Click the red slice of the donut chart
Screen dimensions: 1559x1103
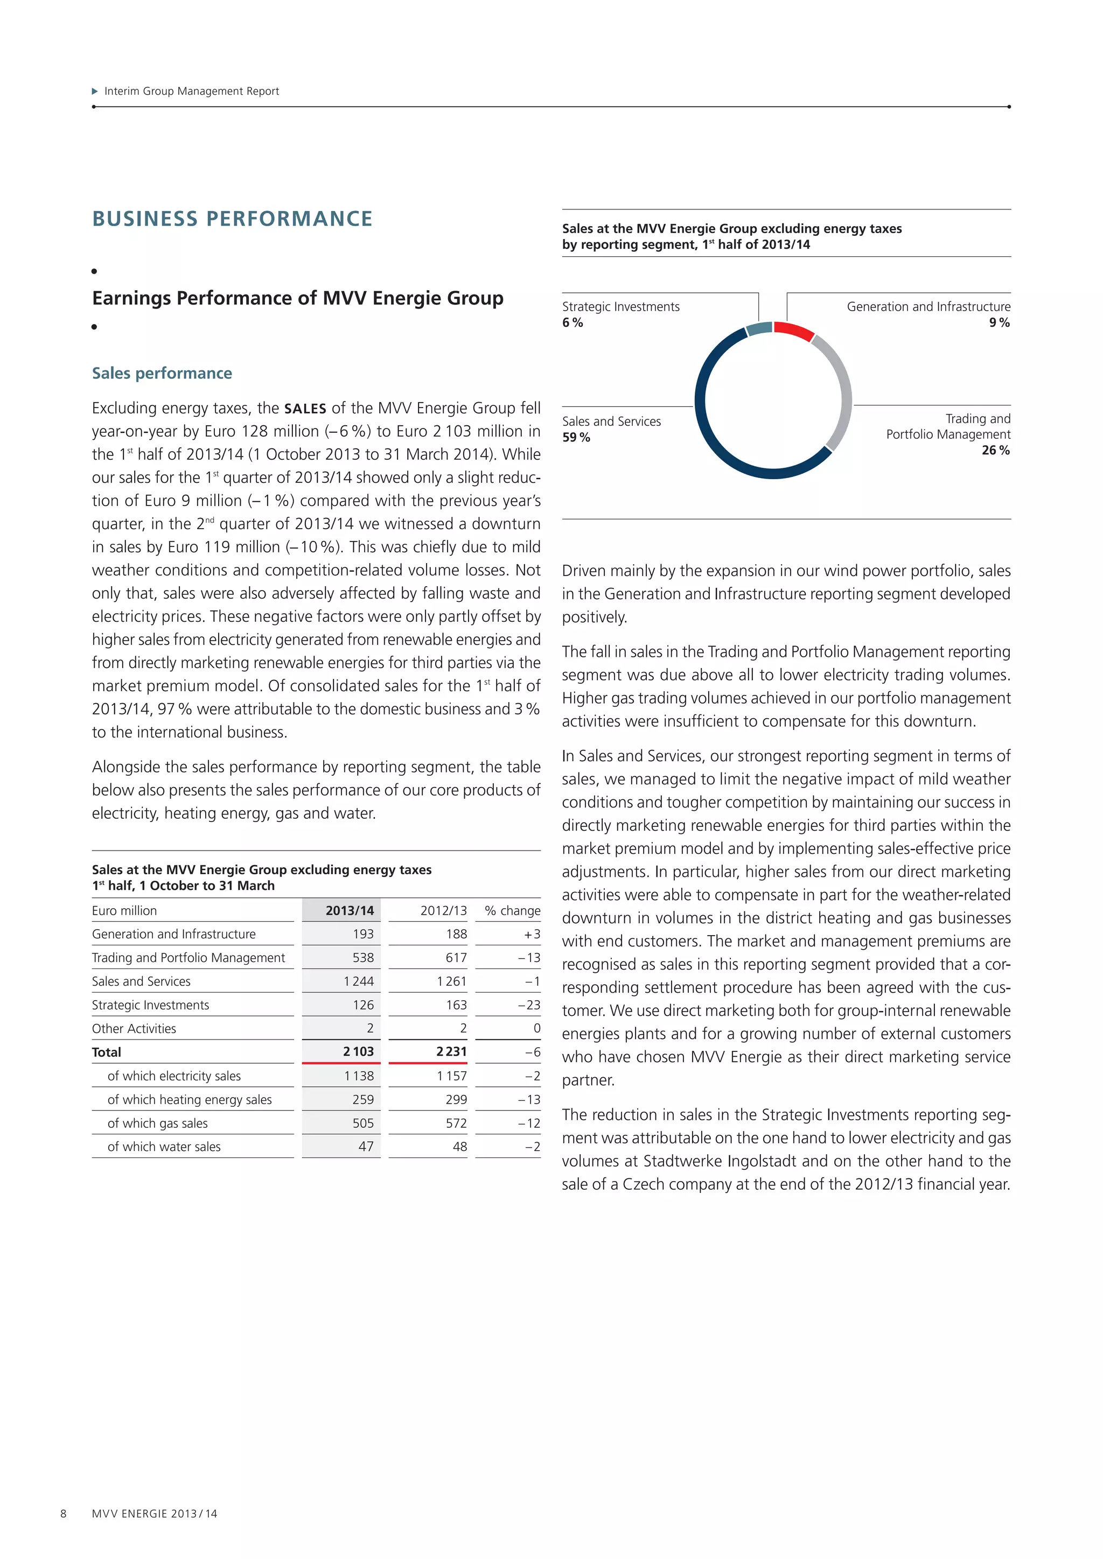[x=794, y=331]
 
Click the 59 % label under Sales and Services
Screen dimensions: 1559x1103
[x=576, y=437]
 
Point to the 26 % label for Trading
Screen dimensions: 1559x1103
[x=996, y=450]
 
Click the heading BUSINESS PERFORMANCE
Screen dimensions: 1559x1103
[x=232, y=219]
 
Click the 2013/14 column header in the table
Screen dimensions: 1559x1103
[x=349, y=910]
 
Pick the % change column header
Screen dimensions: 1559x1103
[x=512, y=910]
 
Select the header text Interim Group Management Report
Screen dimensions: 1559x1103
[x=192, y=91]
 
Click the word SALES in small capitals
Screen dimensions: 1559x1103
[x=305, y=409]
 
